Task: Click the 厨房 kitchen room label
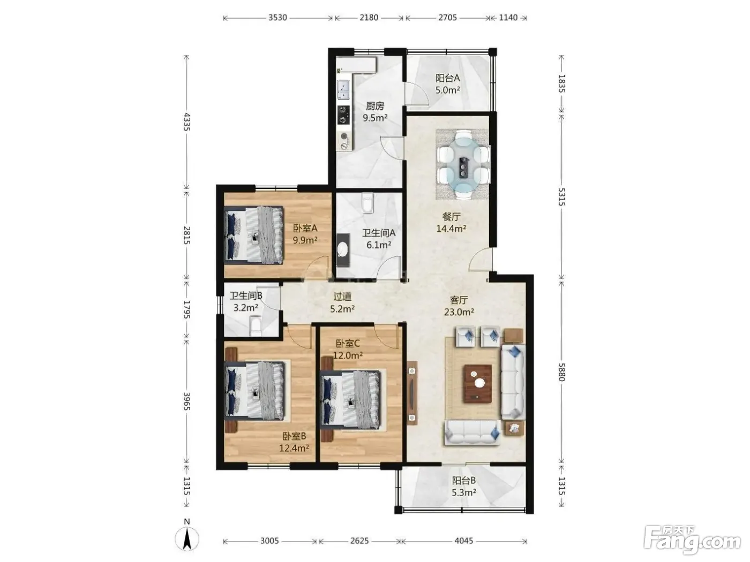[375, 106]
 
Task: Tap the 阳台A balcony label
[447, 78]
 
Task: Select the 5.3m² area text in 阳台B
[464, 492]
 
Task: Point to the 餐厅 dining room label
[451, 216]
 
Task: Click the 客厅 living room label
[459, 300]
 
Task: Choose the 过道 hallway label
[342, 297]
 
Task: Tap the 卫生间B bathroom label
[246, 295]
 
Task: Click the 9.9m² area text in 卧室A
[305, 240]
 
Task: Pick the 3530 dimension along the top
[277, 18]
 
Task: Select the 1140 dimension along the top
[508, 18]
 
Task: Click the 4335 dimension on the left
[186, 122]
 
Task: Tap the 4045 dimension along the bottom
[464, 541]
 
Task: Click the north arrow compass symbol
[187, 538]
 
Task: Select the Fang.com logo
[692, 540]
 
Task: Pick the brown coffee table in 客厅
[477, 383]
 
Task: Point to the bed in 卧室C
[350, 400]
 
